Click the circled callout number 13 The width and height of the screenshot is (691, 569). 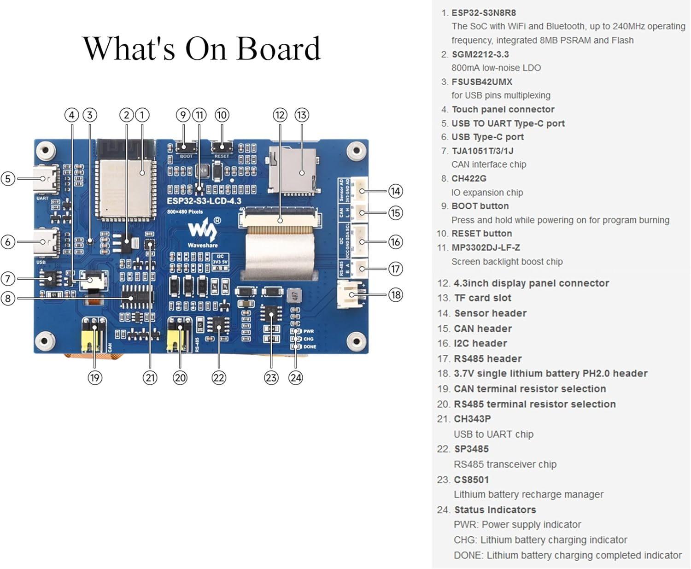pos(302,115)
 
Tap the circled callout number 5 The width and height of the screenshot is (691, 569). pos(8,179)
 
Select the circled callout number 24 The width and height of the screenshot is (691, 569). pos(296,378)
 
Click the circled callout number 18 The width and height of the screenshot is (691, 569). pos(396,295)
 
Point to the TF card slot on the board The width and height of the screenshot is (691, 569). pos(293,170)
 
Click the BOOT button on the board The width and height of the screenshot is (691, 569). pos(184,147)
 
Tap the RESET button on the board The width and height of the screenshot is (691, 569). pos(222,147)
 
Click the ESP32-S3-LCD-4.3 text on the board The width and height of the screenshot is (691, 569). pos(204,201)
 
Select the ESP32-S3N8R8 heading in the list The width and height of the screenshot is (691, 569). pos(483,13)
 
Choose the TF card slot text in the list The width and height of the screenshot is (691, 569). pos(482,298)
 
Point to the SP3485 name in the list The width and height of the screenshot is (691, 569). pos(471,449)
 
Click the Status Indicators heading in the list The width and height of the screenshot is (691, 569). pos(495,510)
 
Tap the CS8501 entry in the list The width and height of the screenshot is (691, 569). pos(471,480)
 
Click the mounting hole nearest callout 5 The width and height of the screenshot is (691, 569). pos(46,150)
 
